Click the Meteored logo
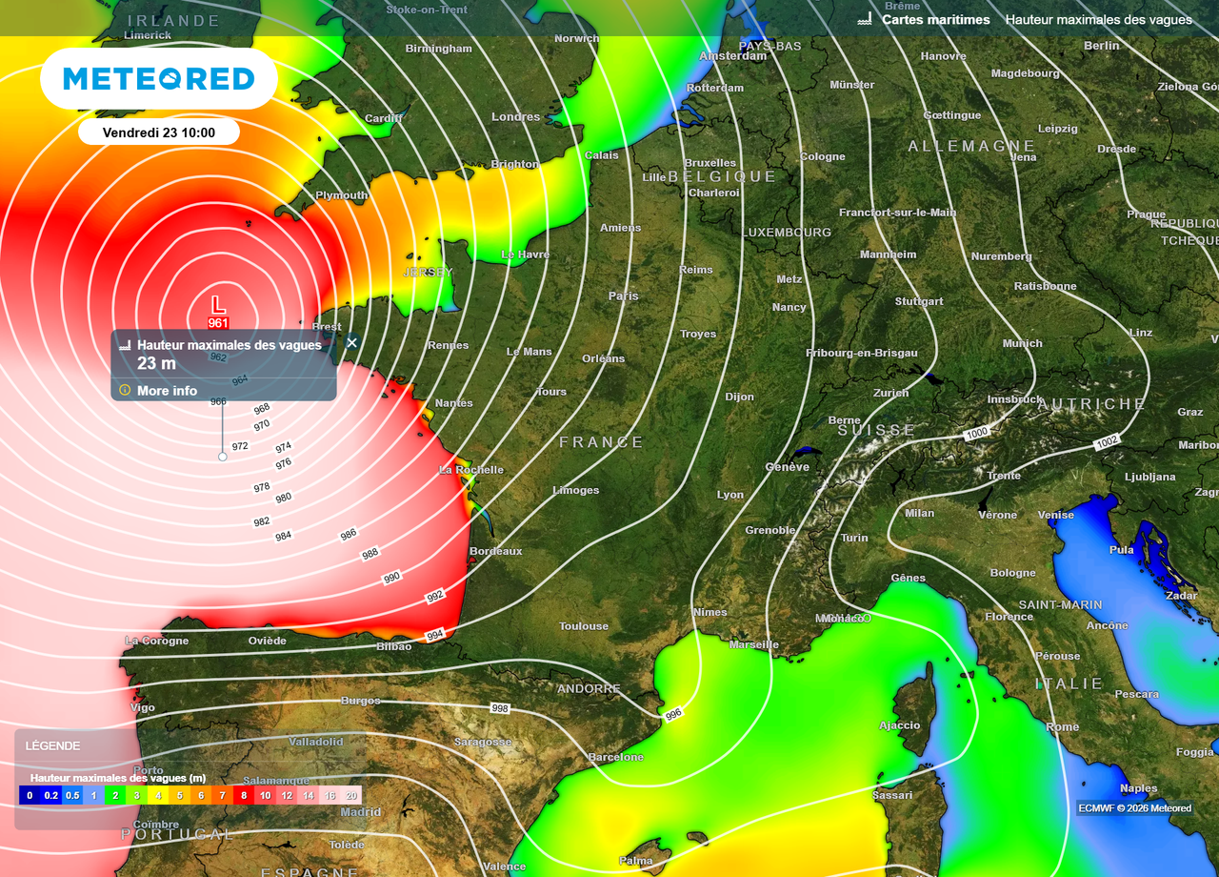click(x=159, y=78)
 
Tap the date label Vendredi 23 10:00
click(x=159, y=133)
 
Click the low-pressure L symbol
click(x=218, y=304)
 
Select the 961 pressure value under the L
click(x=218, y=323)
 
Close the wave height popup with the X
click(x=351, y=342)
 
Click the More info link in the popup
click(x=167, y=391)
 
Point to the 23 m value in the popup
click(x=156, y=363)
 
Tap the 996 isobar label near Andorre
click(x=673, y=714)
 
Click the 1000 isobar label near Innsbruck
click(x=976, y=434)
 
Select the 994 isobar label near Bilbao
click(x=434, y=635)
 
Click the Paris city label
click(x=624, y=296)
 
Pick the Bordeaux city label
click(x=496, y=551)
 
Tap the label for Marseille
click(x=754, y=644)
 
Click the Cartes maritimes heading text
click(x=935, y=19)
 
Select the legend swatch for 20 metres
click(x=351, y=795)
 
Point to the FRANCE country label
click(x=601, y=442)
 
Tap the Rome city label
click(x=1063, y=726)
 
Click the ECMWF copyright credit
click(x=1134, y=808)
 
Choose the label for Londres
click(x=516, y=117)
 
